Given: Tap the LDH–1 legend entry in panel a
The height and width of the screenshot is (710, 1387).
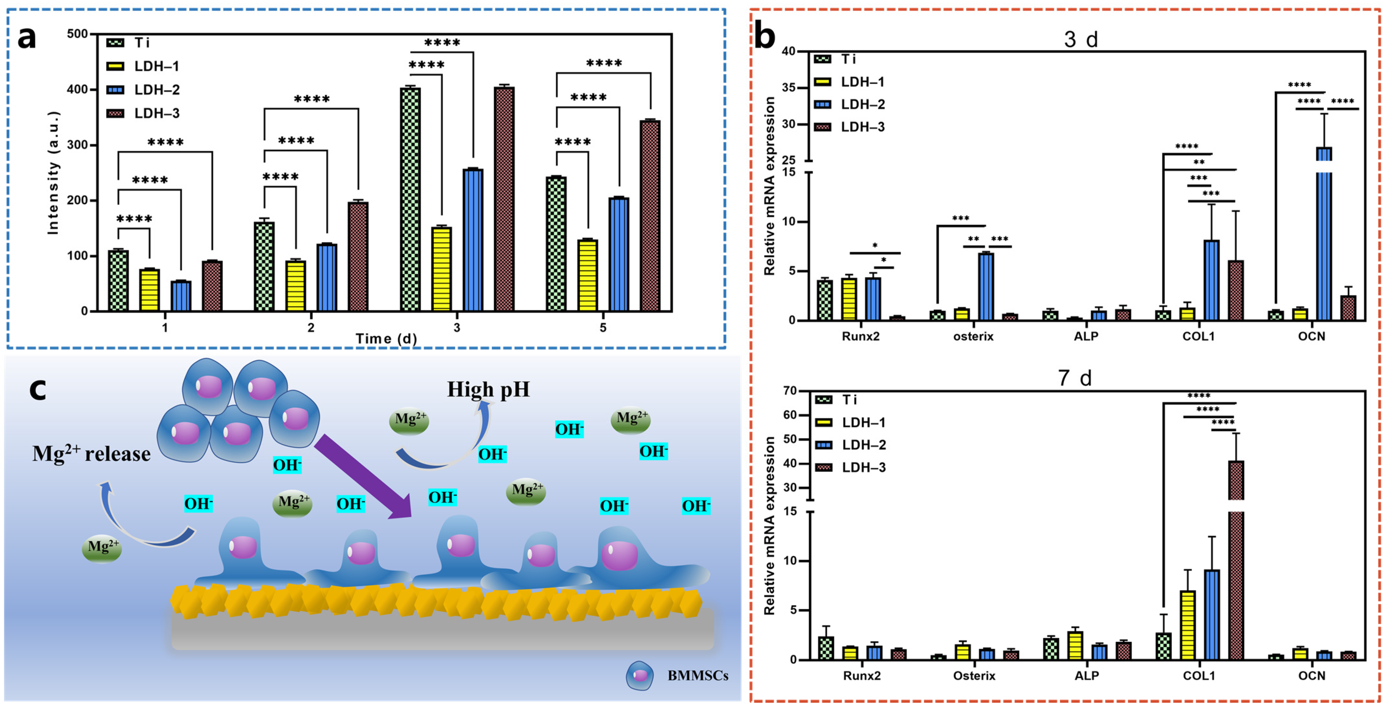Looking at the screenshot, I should [x=156, y=66].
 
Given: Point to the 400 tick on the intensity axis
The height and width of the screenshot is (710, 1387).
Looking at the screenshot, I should [x=77, y=89].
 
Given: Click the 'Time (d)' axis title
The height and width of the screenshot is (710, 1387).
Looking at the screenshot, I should [x=386, y=339].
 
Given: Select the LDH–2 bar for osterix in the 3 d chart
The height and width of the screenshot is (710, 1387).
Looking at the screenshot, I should [x=986, y=286].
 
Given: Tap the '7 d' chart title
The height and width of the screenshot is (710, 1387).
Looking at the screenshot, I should [x=1074, y=378].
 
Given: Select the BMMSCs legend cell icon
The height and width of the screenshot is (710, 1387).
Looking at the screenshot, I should [x=640, y=675].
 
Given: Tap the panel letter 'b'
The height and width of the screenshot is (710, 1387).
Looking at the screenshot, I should [x=765, y=37].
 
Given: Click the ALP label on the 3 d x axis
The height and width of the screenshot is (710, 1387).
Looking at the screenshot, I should [x=1086, y=337].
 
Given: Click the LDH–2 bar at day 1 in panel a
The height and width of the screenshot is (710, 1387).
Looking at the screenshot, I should [x=181, y=296].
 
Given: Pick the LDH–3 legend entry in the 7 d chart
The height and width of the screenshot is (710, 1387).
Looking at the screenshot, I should [x=863, y=467].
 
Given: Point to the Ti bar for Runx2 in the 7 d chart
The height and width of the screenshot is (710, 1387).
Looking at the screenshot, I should [x=826, y=648].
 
